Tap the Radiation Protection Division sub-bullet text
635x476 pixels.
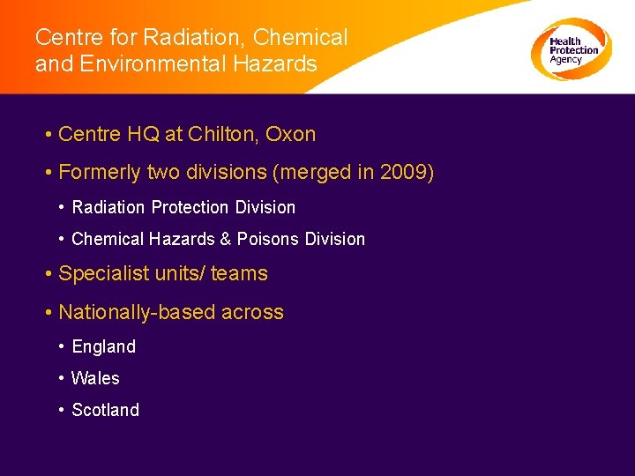(x=183, y=207)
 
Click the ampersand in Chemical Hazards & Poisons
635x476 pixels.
(x=227, y=239)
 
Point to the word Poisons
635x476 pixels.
(x=266, y=239)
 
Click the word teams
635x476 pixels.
(x=239, y=274)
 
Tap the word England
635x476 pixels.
(x=104, y=347)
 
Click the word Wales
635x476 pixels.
(x=95, y=378)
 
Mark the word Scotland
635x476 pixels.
(x=106, y=410)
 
